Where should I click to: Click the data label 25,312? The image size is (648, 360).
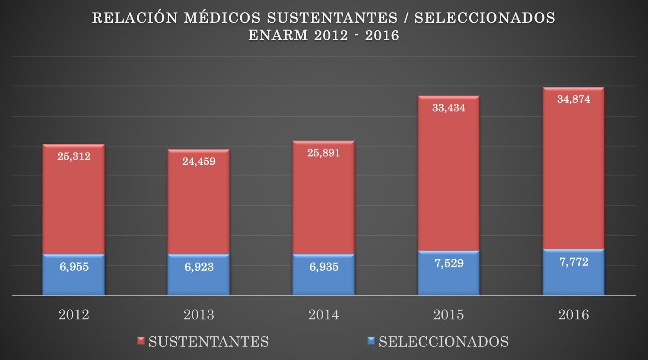coord(74,156)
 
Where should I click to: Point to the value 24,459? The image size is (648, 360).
coord(199,162)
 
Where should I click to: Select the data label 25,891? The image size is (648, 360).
coord(324,153)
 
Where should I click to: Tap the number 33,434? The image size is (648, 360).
coord(448,108)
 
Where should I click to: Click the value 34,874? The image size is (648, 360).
coord(573,99)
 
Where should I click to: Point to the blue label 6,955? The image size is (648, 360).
coord(74,267)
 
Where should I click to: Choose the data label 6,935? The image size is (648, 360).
coord(324,267)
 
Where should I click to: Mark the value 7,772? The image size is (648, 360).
coord(574,262)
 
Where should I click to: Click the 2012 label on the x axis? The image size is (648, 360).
coord(74,315)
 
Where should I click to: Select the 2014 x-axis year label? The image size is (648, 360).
coord(324,315)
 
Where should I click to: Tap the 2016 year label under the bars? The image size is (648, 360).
coord(573,315)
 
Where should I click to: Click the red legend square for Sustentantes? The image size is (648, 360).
coord(141,341)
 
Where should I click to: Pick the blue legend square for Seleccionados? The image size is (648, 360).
coord(371,341)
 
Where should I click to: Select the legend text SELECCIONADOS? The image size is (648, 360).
coord(444,342)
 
